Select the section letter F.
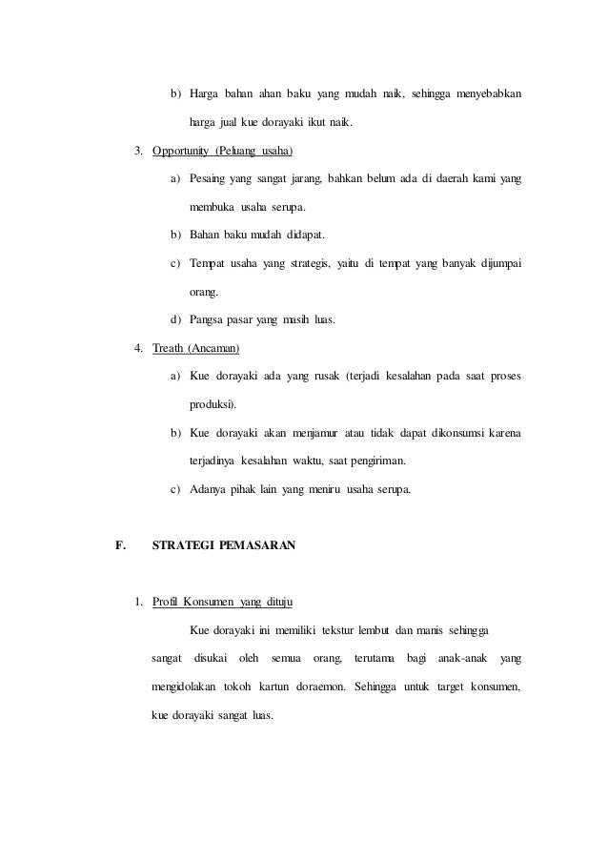119,546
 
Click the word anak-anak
462,658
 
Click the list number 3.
139,151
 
